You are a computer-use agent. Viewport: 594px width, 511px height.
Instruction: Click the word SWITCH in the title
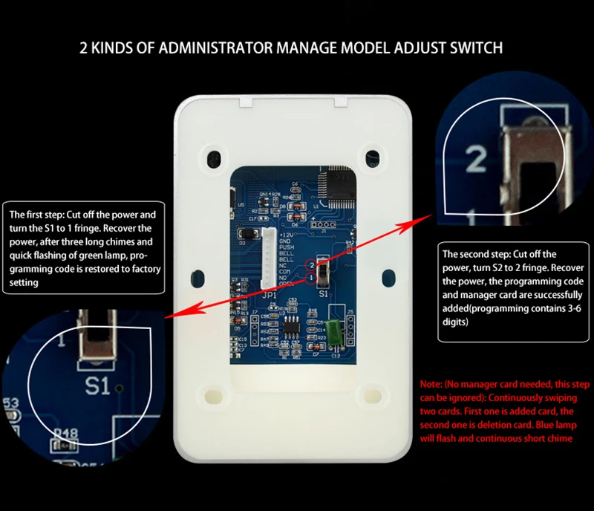click(474, 48)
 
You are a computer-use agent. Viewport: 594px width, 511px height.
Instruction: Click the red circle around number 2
click(313, 264)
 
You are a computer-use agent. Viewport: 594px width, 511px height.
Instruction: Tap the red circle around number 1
click(313, 278)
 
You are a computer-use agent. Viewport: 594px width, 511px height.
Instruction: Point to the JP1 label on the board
click(269, 295)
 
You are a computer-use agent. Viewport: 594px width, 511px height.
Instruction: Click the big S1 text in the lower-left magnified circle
click(98, 385)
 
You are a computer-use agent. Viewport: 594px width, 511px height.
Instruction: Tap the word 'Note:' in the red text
click(431, 384)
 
